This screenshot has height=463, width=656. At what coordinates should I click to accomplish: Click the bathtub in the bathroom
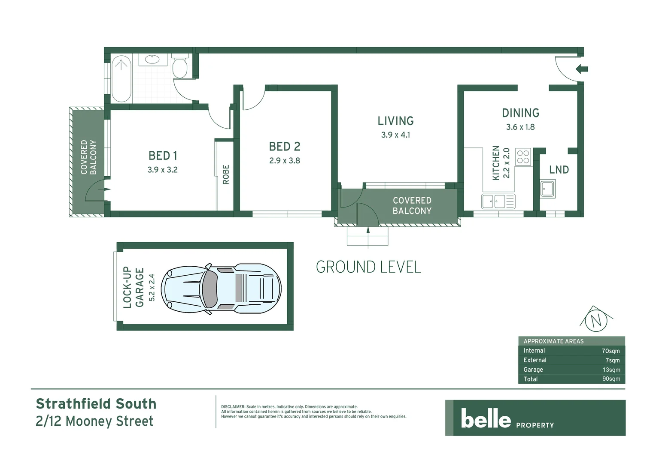[x=121, y=78]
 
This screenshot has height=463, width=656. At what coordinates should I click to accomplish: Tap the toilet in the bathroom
[x=180, y=67]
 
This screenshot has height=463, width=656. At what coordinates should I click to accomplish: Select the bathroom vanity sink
[x=153, y=59]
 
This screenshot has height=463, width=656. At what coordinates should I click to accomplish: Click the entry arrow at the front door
[x=582, y=69]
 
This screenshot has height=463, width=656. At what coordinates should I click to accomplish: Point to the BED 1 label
[x=163, y=156]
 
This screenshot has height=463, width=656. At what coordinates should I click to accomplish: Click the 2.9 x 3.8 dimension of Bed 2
[x=285, y=161]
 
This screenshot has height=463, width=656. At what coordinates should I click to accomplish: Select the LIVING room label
[x=395, y=121]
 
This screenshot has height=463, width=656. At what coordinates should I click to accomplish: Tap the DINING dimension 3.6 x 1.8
[x=520, y=127]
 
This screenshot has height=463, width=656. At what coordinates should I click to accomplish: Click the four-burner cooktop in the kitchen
[x=523, y=157]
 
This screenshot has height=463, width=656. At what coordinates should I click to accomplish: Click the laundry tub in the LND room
[x=547, y=189]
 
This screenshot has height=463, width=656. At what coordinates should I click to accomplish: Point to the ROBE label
[x=226, y=174]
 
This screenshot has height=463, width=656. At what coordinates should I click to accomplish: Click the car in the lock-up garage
[x=221, y=289]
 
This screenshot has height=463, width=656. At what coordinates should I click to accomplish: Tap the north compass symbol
[x=596, y=320]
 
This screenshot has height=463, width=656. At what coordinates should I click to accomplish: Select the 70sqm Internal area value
[x=610, y=351]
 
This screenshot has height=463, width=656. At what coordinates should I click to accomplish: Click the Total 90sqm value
[x=611, y=379]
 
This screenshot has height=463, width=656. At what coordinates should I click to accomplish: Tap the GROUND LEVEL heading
[x=368, y=267]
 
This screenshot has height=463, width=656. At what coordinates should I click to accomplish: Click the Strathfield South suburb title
[x=96, y=404]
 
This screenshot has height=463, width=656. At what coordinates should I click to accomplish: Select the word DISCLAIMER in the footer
[x=233, y=407]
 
